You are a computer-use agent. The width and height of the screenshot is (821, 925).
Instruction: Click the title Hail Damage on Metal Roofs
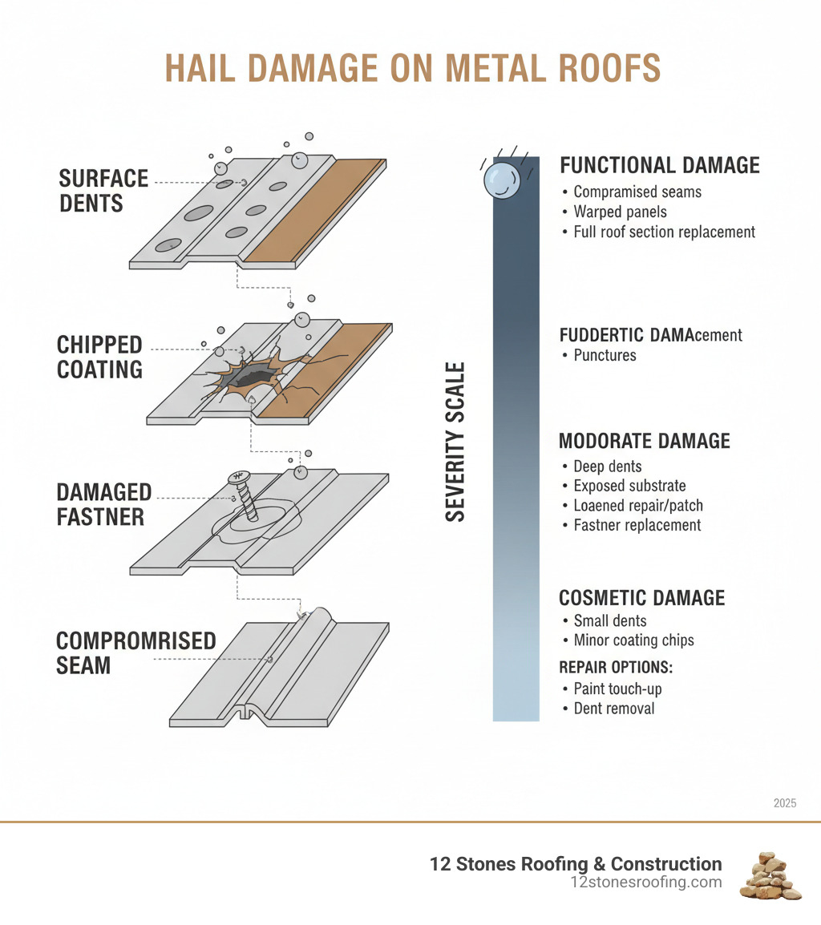(x=412, y=70)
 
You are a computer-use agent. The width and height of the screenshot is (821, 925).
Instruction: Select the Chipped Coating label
(x=99, y=357)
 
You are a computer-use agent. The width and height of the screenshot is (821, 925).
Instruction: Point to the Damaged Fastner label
(x=103, y=503)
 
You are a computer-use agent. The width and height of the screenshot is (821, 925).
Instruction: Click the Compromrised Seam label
(x=135, y=652)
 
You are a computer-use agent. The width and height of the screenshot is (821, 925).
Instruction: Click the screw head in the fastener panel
(x=239, y=479)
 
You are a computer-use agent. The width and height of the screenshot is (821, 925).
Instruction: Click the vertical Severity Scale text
(x=455, y=442)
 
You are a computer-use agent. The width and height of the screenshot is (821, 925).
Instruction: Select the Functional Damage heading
(x=659, y=165)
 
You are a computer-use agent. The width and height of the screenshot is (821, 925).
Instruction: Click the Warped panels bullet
(x=620, y=212)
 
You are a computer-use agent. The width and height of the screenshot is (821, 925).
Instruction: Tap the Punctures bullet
(x=605, y=355)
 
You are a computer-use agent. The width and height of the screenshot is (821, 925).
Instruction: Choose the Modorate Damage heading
(x=644, y=441)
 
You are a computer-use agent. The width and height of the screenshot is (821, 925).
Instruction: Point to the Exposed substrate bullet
(x=629, y=486)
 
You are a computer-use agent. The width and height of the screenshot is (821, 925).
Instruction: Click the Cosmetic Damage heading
(x=641, y=598)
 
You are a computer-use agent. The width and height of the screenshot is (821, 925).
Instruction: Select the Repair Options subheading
(x=615, y=667)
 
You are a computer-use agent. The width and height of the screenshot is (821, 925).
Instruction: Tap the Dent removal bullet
(x=613, y=709)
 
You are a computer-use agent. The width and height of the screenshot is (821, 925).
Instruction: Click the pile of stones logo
(x=770, y=875)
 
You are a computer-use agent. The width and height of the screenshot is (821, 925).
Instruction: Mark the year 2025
(x=785, y=802)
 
